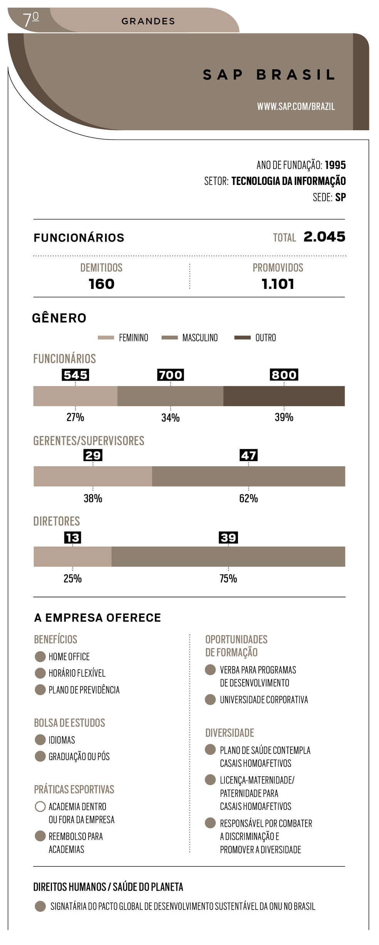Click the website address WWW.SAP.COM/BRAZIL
pyautogui.click(x=296, y=106)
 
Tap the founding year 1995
pyautogui.click(x=335, y=165)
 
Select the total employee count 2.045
pyautogui.click(x=324, y=237)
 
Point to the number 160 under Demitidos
pyautogui.click(x=101, y=284)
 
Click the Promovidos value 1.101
pyautogui.click(x=278, y=284)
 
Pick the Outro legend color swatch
pyautogui.click(x=242, y=338)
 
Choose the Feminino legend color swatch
pyautogui.click(x=106, y=338)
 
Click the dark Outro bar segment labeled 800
pyautogui.click(x=284, y=396)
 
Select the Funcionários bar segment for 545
pyautogui.click(x=75, y=396)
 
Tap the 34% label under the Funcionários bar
pyautogui.click(x=170, y=418)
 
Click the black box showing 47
pyautogui.click(x=248, y=455)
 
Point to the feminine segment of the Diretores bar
pyautogui.click(x=72, y=556)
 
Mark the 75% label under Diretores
pyautogui.click(x=228, y=579)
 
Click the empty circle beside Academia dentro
pyautogui.click(x=40, y=806)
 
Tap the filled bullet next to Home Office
pyautogui.click(x=40, y=656)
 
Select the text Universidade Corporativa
pyautogui.click(x=264, y=700)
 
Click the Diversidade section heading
pyautogui.click(x=230, y=733)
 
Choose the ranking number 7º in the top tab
pyautogui.click(x=30, y=20)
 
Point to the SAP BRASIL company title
pyautogui.click(x=268, y=75)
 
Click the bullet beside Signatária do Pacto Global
pyautogui.click(x=40, y=906)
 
